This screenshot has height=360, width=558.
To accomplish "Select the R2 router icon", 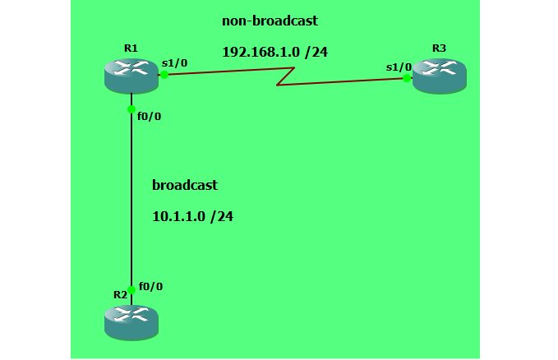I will pos(131,321).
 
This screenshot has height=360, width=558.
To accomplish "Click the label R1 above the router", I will pos(131,48).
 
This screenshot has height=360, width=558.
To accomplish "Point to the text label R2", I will pos(120,293).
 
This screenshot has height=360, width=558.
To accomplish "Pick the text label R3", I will pos(439,48).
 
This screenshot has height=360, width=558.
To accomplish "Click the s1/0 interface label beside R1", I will pos(175,62).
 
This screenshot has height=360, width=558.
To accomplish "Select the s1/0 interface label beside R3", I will pos(399,67).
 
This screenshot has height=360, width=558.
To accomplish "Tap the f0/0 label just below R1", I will pos(149,116).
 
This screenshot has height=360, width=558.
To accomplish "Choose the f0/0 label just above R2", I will pos(150,286).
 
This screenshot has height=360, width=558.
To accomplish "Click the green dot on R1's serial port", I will pos(164,74).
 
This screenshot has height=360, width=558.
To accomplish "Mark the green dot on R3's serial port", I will pos(407,78).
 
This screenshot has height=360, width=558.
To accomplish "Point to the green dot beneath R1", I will pos(131,108).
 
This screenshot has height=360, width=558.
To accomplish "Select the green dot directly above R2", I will pos(131,289).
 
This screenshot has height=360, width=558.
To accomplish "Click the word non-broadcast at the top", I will pos(270,21).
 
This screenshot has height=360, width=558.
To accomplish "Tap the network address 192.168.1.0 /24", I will pos(275,52).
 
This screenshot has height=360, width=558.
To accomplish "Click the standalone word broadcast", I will pos(185,185).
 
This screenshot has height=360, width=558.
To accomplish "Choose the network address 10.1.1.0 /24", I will pos(193,217).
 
